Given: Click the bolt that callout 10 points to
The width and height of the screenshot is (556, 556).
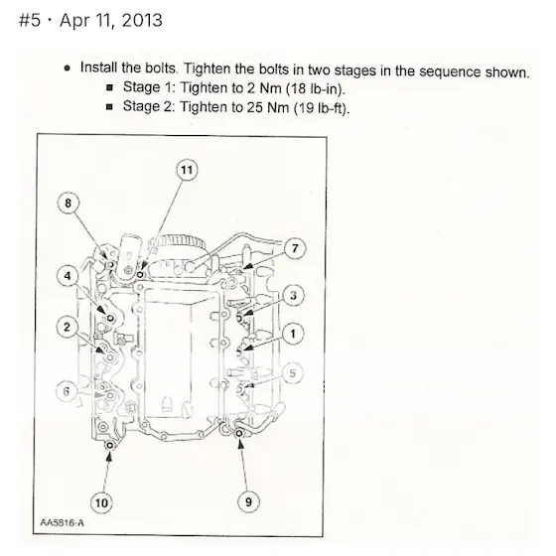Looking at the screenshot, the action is pyautogui.click(x=110, y=445).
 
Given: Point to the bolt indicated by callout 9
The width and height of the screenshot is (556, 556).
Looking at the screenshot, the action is pyautogui.click(x=239, y=433).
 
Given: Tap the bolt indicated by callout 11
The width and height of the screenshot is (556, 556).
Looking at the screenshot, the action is pyautogui.click(x=140, y=275).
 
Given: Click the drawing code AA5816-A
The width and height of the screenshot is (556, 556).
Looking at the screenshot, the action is pyautogui.click(x=62, y=522).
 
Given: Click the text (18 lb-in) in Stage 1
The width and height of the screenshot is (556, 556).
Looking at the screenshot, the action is pyautogui.click(x=316, y=88).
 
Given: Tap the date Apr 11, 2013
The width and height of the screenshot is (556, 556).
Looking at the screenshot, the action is pyautogui.click(x=111, y=20).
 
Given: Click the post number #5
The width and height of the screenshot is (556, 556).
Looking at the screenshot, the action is pyautogui.click(x=30, y=20).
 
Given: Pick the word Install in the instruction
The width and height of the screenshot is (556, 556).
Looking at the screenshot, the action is pyautogui.click(x=98, y=68).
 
